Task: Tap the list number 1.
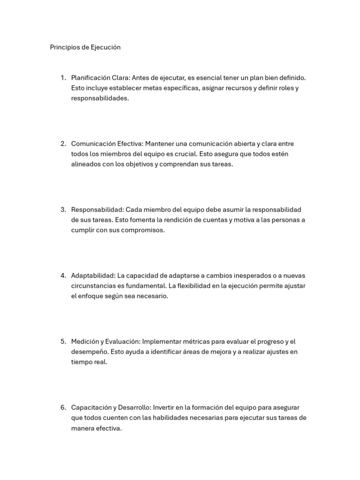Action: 63,78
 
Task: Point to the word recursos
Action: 236,88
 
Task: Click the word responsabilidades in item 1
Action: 99,98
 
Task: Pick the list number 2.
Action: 63,144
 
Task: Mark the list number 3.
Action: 63,210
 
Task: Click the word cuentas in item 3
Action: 215,220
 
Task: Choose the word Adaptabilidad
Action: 92,276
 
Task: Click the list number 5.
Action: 63,342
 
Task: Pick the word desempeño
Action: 89,352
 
